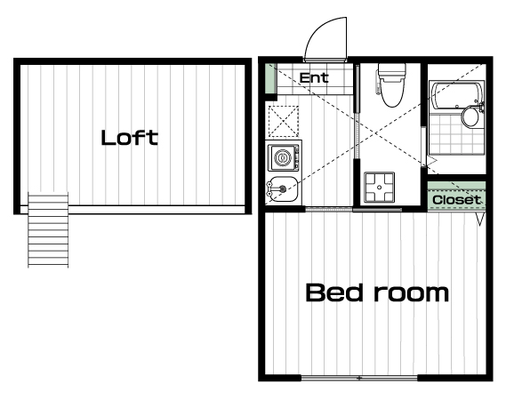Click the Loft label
[x=130, y=138]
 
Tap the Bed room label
[x=377, y=292]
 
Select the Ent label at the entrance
[x=314, y=77]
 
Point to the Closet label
[x=456, y=200]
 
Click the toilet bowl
[x=391, y=93]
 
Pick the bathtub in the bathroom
[x=455, y=97]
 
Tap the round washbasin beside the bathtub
[x=470, y=116]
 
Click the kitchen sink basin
[x=284, y=189]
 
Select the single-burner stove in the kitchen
[x=284, y=157]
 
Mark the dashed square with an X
[x=284, y=121]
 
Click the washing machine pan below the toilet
[x=380, y=187]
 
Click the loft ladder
[x=48, y=229]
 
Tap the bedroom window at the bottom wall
[x=359, y=378]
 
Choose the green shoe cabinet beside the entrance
[x=269, y=78]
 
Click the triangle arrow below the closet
[x=480, y=219]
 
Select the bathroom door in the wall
[x=423, y=147]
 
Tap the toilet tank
[x=392, y=71]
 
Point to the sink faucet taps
[x=270, y=189]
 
